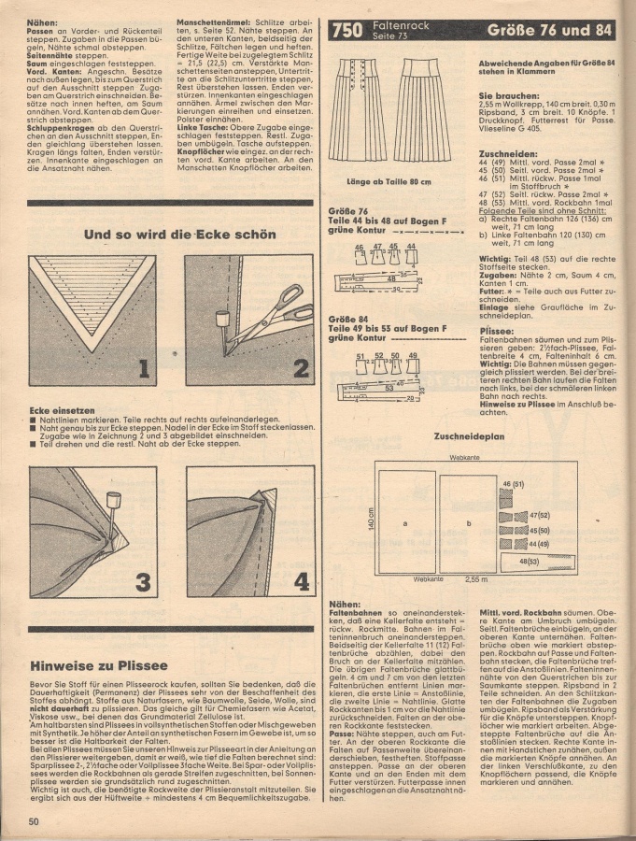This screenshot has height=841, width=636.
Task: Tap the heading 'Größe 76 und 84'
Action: coord(552,30)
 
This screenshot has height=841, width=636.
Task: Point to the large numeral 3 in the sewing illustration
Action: coord(143,582)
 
